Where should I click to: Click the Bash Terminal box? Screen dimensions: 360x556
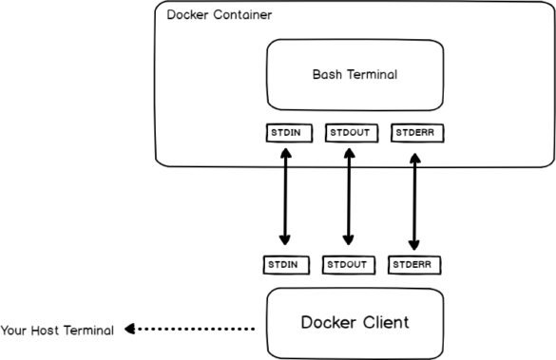[355, 74]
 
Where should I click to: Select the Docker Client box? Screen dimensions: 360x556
[355, 322]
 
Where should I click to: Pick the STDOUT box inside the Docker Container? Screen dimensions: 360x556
[348, 132]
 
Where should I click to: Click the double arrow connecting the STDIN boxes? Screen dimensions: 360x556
[282, 197]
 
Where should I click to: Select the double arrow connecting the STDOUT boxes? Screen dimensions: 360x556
[348, 197]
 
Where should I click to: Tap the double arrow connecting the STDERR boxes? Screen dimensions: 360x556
[413, 197]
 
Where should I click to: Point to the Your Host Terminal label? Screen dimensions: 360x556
[57, 331]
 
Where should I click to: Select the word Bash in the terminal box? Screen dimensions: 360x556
[326, 74]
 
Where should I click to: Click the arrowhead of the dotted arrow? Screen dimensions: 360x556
[129, 331]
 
